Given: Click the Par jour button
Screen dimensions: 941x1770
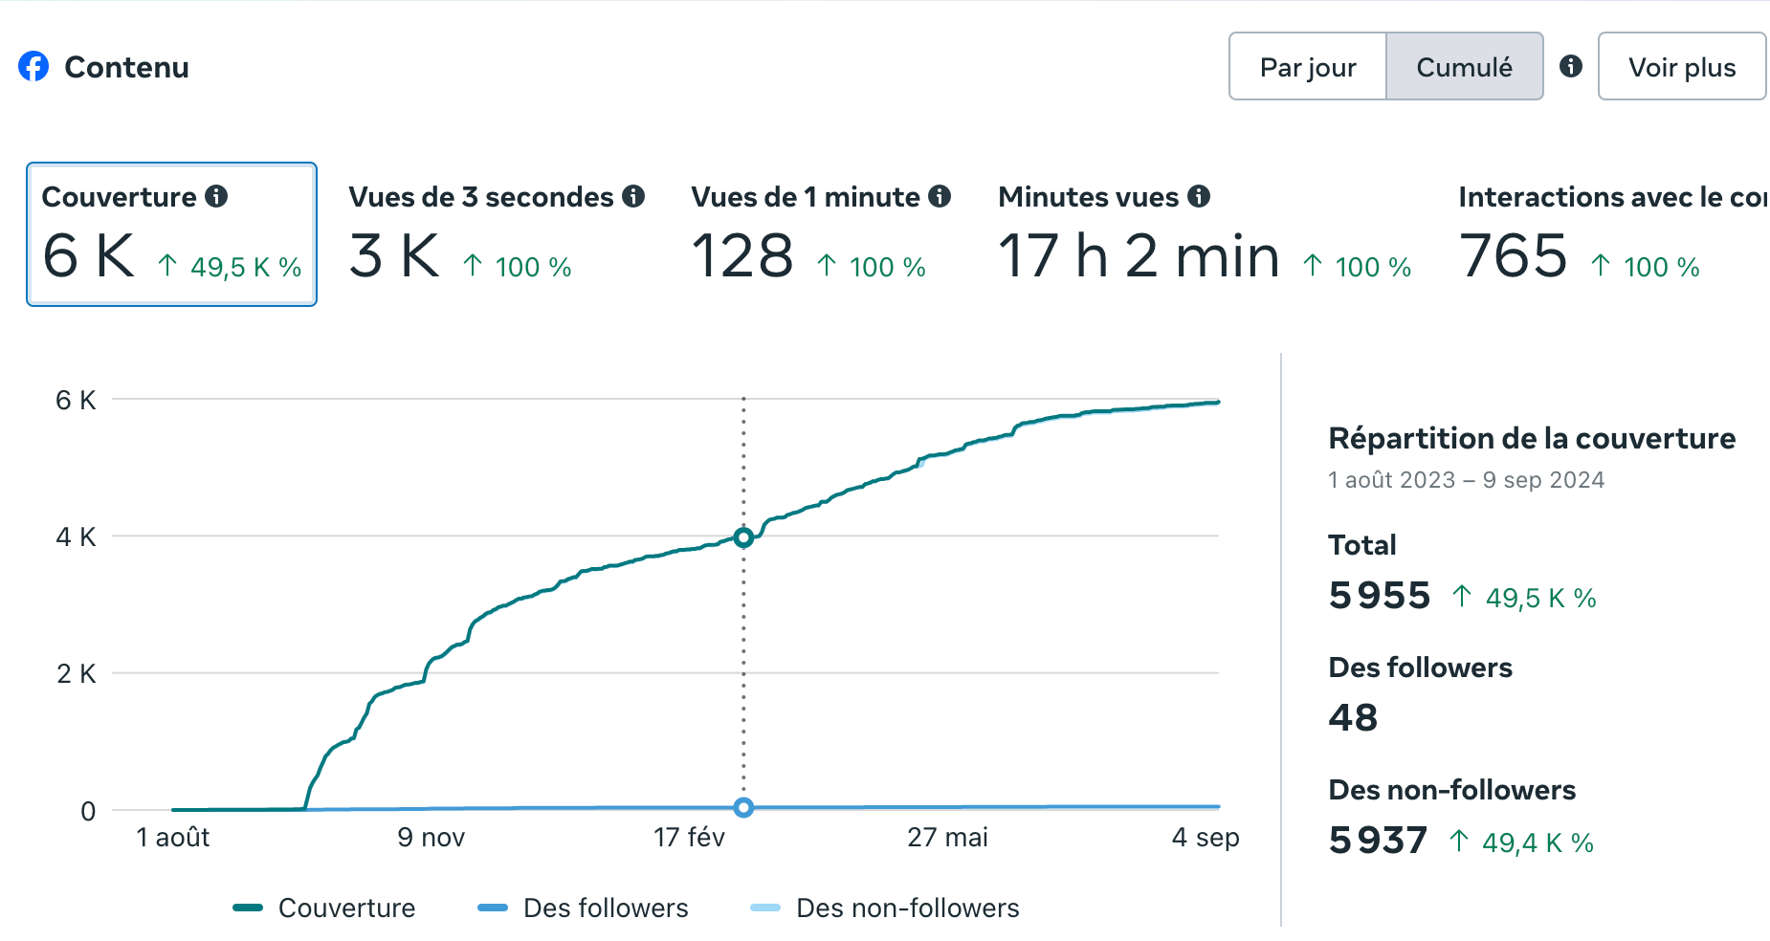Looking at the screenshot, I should pyautogui.click(x=1307, y=67).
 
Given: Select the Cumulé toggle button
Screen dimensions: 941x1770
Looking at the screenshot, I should pyautogui.click(x=1464, y=67).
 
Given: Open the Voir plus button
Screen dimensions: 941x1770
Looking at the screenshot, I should pyautogui.click(x=1681, y=67).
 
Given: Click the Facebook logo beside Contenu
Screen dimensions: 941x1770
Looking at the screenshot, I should pyautogui.click(x=33, y=66).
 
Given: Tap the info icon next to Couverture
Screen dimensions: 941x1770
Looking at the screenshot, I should pyautogui.click(x=217, y=196).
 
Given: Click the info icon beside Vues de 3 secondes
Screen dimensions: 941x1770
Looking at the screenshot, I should pyautogui.click(x=633, y=196).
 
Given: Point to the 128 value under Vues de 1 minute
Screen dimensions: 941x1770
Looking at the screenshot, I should pyautogui.click(x=742, y=256).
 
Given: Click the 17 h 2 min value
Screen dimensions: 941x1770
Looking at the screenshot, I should pyautogui.click(x=1139, y=256).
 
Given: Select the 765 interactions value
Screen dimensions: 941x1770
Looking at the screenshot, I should pyautogui.click(x=1514, y=256).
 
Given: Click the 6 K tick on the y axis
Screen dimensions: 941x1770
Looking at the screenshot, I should pyautogui.click(x=76, y=400).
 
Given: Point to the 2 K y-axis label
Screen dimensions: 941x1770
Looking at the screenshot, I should pyautogui.click(x=76, y=674).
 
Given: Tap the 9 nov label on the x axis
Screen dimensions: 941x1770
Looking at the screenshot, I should pyautogui.click(x=431, y=838).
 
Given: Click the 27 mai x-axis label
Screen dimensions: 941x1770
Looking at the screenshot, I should pyautogui.click(x=947, y=838).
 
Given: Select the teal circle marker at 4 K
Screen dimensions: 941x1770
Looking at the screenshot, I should pyautogui.click(x=743, y=537).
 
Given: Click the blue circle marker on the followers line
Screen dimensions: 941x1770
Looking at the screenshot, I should pyautogui.click(x=743, y=808).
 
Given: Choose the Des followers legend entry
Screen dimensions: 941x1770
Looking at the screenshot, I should pyautogui.click(x=583, y=908).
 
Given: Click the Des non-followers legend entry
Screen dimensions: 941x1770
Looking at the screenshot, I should pyautogui.click(x=885, y=908).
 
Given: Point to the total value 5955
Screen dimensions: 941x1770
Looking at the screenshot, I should pyautogui.click(x=1379, y=596).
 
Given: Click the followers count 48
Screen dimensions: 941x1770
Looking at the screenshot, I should pyautogui.click(x=1353, y=718).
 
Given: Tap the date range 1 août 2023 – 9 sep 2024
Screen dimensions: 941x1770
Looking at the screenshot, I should pyautogui.click(x=1466, y=480).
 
